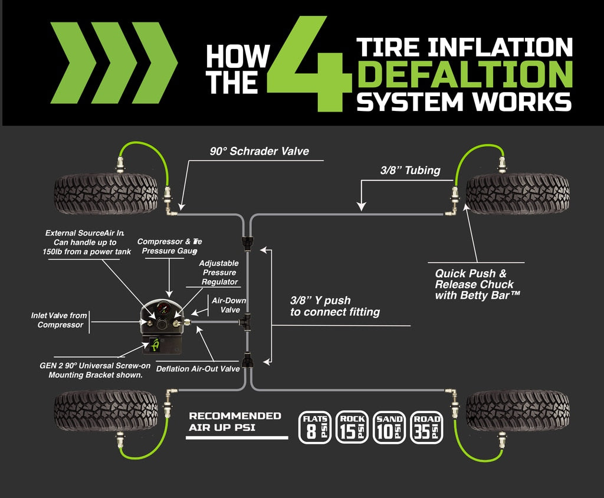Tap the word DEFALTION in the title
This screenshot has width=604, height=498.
[x=466, y=75]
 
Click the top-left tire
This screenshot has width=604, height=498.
[x=106, y=194]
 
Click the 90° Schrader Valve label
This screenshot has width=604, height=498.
[x=260, y=152]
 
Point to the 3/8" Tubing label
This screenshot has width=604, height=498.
[x=410, y=171]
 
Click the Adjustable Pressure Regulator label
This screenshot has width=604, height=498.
[x=219, y=273]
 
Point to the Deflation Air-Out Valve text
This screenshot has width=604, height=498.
[x=198, y=369]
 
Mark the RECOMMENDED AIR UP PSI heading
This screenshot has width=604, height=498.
[x=235, y=421]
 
